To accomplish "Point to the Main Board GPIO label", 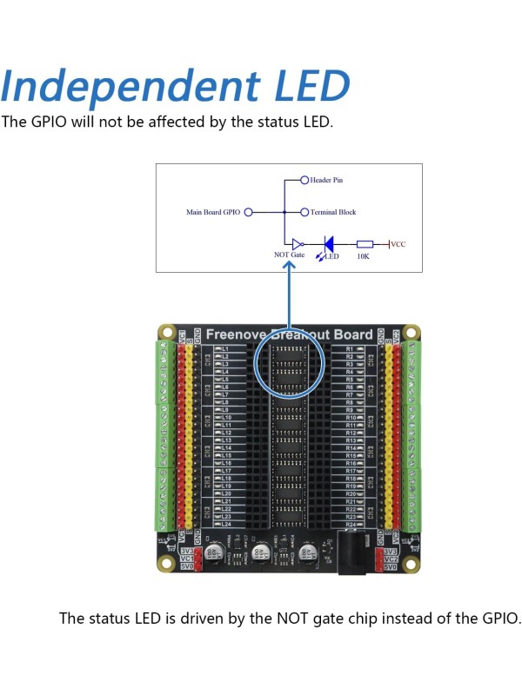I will [x=213, y=212].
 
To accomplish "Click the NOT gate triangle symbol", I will [x=297, y=244].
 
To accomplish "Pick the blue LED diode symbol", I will [x=329, y=244].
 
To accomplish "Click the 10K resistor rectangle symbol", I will [x=365, y=244].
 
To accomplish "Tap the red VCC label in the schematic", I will [x=398, y=244].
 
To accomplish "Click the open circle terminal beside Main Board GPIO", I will [x=249, y=212].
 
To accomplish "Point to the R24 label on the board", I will [x=351, y=525].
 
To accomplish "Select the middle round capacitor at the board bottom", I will [x=260, y=553].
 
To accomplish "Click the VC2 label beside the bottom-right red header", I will [x=390, y=559].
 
